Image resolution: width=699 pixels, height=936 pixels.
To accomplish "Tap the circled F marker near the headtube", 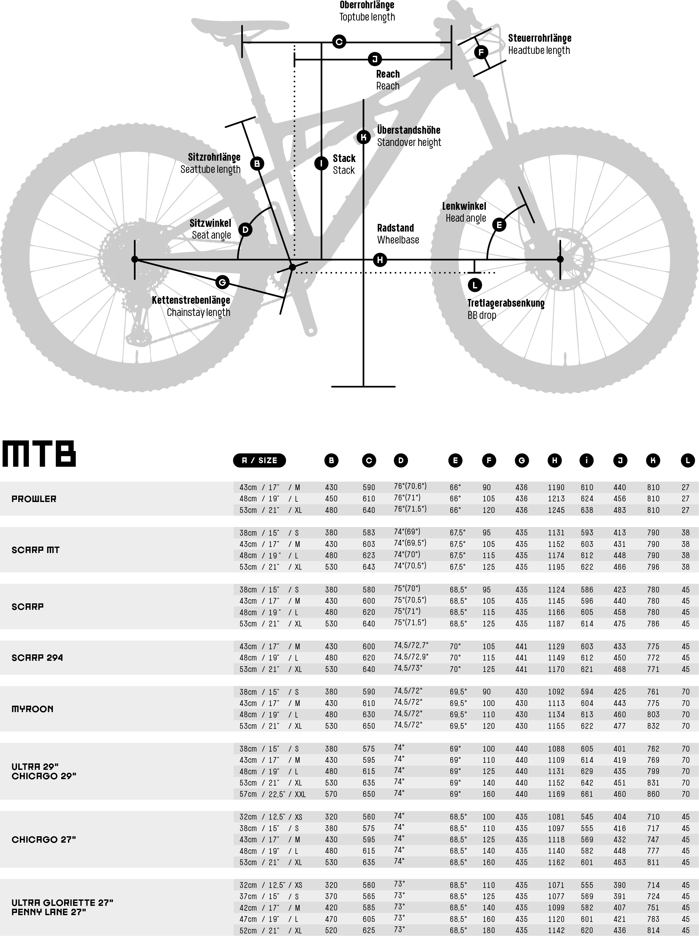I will (481, 53).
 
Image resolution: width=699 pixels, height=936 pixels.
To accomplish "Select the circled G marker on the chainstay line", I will (222, 282).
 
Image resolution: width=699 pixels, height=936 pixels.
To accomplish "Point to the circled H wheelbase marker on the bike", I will (380, 260).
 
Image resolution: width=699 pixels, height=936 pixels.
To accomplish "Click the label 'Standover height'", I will (409, 143).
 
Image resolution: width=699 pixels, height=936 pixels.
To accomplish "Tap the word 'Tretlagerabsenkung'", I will (506, 303).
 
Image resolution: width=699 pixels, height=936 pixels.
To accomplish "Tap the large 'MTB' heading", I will (39, 454).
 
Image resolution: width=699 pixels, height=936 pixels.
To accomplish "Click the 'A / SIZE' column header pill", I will (259, 460).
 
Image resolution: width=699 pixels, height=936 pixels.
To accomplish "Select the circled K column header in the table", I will (653, 460).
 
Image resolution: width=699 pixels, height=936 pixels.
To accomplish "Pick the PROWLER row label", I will (34, 499).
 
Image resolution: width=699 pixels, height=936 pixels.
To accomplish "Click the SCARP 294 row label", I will (37, 658).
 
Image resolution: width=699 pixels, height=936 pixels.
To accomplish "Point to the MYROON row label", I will (33, 709).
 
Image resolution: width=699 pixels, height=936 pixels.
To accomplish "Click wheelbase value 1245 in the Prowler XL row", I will (556, 510).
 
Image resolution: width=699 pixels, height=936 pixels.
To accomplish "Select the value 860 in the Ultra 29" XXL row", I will (653, 794).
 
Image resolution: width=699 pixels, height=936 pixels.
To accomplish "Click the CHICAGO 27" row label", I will (44, 839).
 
